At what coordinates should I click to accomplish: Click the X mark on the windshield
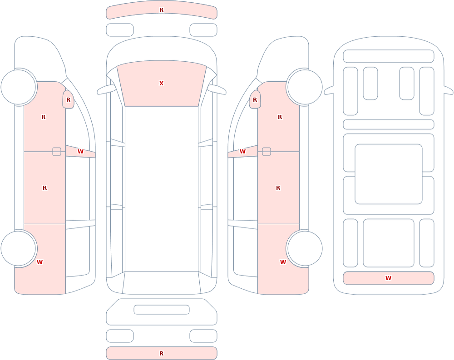pos(161,84)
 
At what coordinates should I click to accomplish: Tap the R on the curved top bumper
pos(161,10)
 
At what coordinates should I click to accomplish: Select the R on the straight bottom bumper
pos(161,353)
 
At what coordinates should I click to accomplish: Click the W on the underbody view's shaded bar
pos(388,278)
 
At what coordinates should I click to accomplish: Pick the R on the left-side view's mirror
pos(69,99)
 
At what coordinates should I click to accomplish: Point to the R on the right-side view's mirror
pos(255,99)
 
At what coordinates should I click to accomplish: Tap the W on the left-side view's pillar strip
pos(80,152)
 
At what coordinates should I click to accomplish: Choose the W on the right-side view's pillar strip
pos(242,152)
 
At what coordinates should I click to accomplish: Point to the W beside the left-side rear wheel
pos(39,262)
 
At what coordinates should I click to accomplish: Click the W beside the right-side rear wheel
pos(283,262)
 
